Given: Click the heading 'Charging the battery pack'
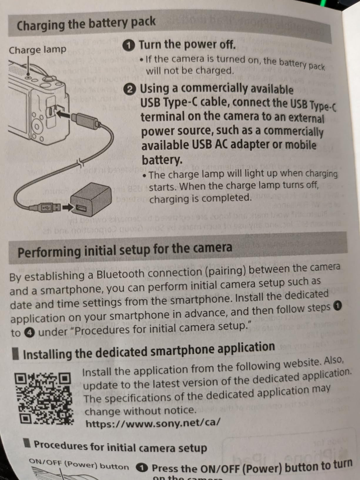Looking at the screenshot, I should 86,24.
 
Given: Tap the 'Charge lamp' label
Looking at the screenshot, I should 37,50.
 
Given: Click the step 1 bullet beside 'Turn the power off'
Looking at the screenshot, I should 129,45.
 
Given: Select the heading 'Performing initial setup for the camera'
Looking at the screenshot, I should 125,250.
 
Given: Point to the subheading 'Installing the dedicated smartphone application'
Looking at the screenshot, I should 149,351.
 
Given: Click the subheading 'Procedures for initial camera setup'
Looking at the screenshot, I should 120,447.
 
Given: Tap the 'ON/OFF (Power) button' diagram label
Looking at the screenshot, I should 79,465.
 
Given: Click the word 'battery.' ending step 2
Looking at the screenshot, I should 162,160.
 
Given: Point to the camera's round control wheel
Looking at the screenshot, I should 37,127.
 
